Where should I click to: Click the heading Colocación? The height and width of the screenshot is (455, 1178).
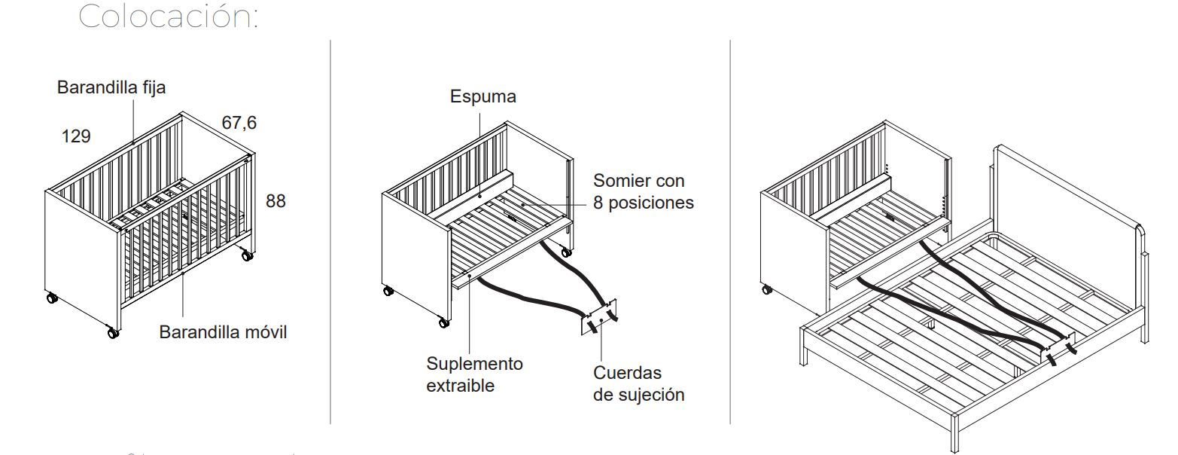(169, 16)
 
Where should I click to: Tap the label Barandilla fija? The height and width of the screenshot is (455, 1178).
(111, 87)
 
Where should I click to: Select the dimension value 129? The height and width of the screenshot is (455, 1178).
(76, 136)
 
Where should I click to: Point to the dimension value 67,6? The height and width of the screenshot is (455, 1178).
(239, 123)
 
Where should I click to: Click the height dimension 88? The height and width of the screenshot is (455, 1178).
(275, 201)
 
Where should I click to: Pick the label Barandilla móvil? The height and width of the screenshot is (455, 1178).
(223, 332)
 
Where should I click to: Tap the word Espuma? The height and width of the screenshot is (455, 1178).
(482, 96)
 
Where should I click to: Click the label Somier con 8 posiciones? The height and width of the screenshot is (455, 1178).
(643, 191)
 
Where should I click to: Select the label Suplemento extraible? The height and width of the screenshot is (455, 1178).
(474, 374)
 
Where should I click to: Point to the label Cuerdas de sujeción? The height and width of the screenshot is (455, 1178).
(638, 383)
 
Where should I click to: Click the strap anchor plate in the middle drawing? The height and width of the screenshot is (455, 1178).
(598, 317)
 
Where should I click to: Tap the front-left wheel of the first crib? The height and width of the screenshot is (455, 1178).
(113, 333)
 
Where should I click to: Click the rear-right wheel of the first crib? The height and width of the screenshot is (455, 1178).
(247, 255)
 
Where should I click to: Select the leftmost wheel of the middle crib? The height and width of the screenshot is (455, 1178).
(388, 290)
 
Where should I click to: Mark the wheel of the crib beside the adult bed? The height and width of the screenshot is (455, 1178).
(766, 289)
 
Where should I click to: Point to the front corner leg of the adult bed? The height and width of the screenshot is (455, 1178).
(954, 432)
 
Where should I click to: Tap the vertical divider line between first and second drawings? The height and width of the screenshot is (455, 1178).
(330, 231)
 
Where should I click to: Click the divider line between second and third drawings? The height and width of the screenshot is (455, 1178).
(730, 231)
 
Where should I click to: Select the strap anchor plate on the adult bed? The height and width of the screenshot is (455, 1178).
(1058, 347)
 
